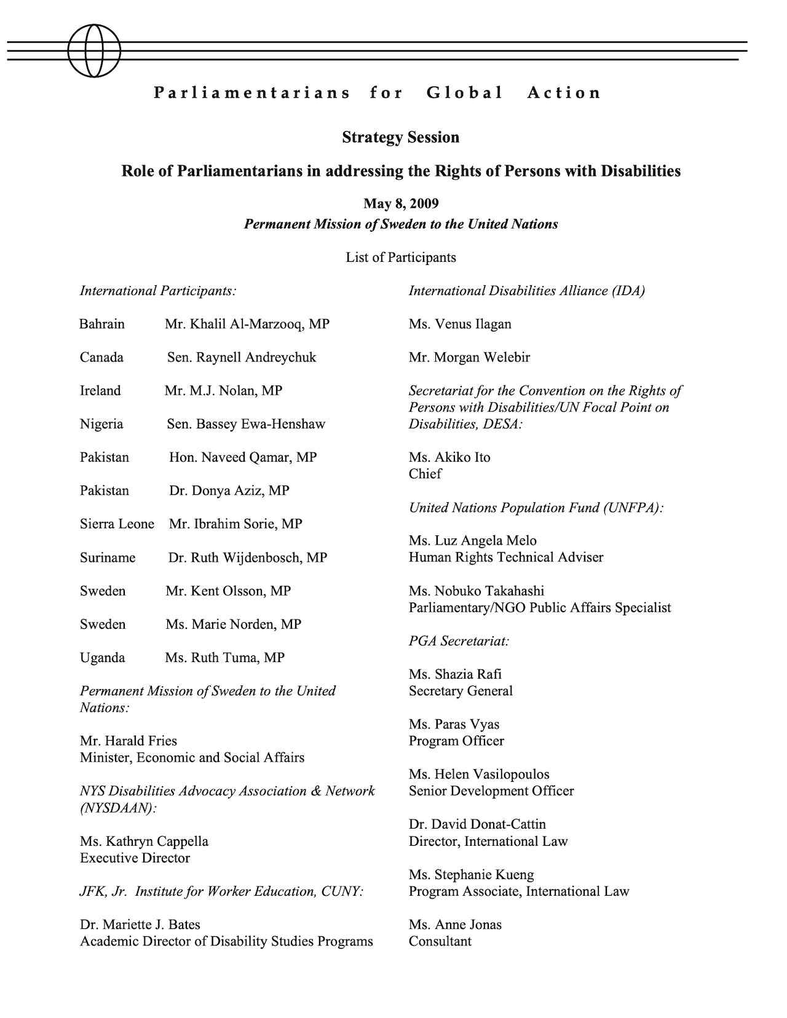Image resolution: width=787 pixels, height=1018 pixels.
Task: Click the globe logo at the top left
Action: (x=93, y=50)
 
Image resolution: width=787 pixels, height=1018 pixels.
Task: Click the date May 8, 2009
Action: (x=401, y=203)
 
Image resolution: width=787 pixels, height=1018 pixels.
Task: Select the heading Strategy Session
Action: (x=401, y=137)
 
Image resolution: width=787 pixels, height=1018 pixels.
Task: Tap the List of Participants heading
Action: (x=401, y=258)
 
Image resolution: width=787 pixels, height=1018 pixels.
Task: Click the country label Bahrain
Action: (x=102, y=324)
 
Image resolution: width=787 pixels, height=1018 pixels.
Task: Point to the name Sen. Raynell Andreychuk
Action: (x=242, y=357)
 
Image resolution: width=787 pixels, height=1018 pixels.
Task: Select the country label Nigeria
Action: (x=101, y=424)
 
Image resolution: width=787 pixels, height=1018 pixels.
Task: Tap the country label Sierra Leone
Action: (x=117, y=524)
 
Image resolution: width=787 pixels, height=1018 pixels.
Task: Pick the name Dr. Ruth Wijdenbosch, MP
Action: (x=248, y=558)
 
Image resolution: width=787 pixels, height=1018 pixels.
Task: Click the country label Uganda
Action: (x=102, y=658)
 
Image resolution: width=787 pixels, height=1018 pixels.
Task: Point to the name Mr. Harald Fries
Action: (x=129, y=741)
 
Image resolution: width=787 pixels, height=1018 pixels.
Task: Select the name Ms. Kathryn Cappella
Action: (x=144, y=841)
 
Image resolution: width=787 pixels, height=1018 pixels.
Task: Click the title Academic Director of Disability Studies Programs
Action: (x=226, y=941)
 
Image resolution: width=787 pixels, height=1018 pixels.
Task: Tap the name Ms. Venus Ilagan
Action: (x=460, y=324)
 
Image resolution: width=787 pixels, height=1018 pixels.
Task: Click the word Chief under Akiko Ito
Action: (x=425, y=474)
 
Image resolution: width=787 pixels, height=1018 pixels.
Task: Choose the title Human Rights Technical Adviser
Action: (x=506, y=558)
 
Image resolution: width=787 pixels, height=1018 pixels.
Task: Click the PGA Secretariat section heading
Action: (x=459, y=641)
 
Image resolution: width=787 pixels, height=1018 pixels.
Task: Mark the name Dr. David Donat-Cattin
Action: (x=477, y=824)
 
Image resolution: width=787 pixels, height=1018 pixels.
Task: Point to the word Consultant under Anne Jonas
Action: (x=440, y=941)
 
